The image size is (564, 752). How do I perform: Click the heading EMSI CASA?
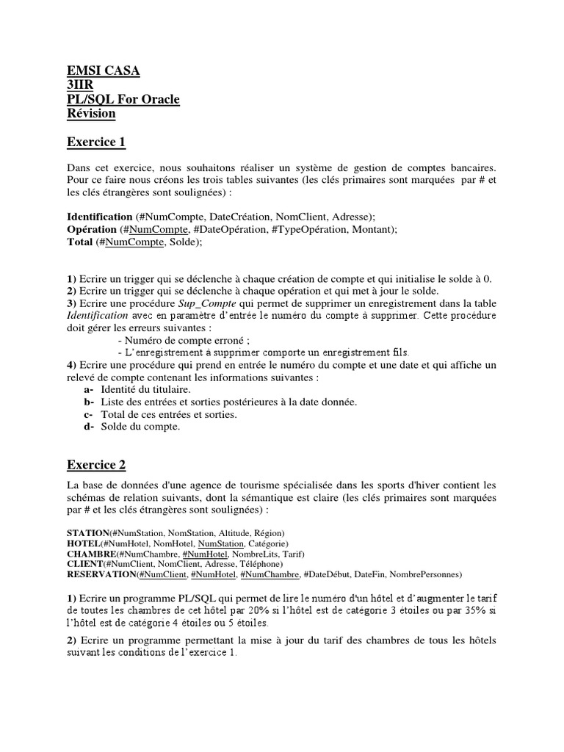tap(103, 71)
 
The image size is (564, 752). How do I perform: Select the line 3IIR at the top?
tap(80, 85)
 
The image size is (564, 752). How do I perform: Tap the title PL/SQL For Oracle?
tap(123, 99)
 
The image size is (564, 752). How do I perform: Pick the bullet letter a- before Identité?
tap(89, 388)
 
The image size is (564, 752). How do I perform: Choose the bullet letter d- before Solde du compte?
tap(89, 426)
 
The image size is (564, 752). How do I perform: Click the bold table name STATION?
tap(88, 532)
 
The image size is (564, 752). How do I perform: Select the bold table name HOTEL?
tap(83, 543)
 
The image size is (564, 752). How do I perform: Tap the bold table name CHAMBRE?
tap(91, 553)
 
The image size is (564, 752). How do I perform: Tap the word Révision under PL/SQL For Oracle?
tap(91, 113)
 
